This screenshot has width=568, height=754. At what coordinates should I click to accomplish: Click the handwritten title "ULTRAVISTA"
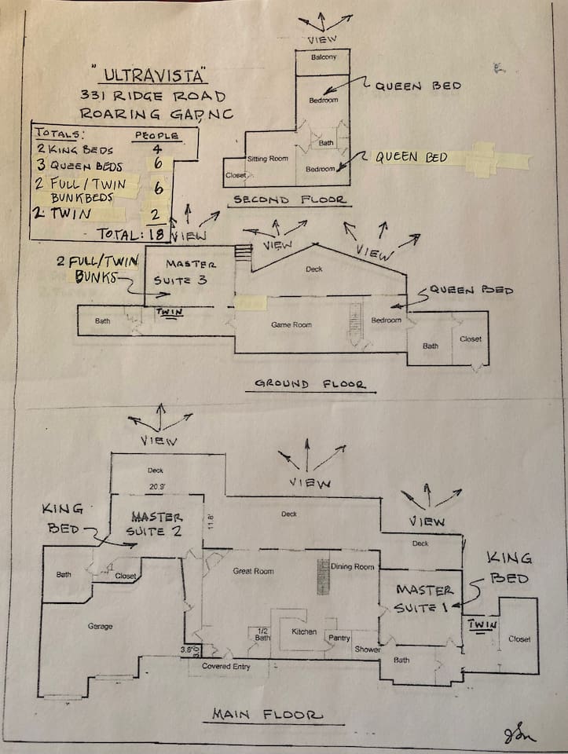pos(155,76)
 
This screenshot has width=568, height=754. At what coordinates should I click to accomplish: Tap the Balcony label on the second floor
pos(323,57)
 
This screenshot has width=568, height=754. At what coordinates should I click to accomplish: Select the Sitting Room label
pos(268,159)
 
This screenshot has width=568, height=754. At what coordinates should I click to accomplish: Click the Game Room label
pos(291,324)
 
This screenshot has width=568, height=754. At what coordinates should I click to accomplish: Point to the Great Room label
pos(253,571)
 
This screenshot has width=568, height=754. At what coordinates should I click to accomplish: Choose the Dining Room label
pos(353,566)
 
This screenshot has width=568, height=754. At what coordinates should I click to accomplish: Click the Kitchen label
pos(304,631)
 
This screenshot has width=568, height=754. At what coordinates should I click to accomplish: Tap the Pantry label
pos(339,639)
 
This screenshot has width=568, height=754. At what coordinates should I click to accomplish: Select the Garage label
pos(100,626)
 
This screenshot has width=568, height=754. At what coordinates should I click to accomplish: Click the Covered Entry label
pos(226,666)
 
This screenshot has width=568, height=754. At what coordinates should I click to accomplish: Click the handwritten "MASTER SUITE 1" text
pos(425,598)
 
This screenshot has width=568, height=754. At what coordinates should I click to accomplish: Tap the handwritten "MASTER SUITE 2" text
pos(157,524)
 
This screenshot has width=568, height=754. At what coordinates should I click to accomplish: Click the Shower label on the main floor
pos(367,650)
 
